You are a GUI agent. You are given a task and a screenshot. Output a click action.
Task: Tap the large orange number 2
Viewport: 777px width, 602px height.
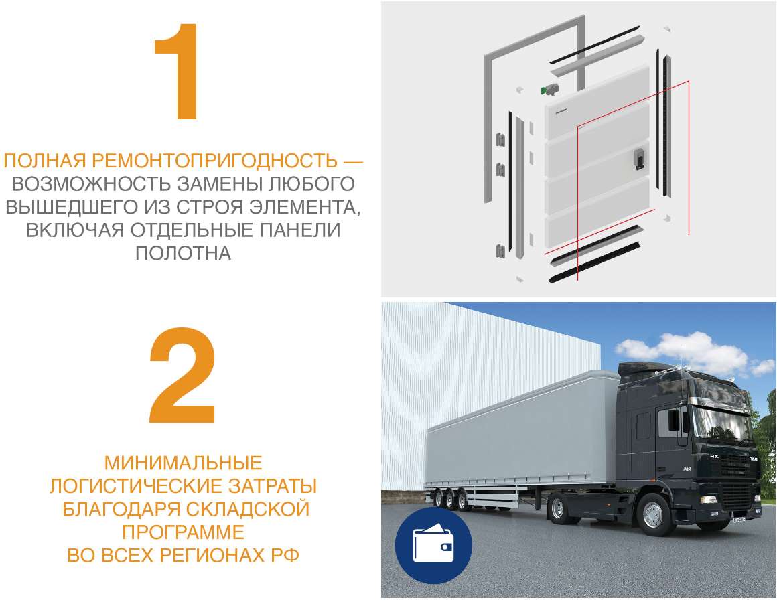coord(182,375)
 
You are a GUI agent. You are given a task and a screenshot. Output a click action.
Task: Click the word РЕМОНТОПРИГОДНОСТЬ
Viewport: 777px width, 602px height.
coord(214,161)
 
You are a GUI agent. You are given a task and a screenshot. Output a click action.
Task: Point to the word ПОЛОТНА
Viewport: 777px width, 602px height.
coord(184,253)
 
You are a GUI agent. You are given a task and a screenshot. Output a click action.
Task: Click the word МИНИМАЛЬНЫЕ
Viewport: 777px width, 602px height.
coord(184,463)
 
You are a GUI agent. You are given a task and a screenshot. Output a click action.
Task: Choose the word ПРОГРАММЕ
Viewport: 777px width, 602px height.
coord(184,532)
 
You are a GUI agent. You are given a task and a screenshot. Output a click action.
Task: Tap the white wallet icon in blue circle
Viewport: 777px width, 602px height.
coord(433,544)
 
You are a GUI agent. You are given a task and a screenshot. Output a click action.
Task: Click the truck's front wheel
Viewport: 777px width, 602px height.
coord(653,516)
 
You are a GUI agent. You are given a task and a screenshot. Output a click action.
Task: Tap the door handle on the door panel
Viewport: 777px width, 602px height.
coord(638,159)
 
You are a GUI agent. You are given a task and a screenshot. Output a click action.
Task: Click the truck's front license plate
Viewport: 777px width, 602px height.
coord(739,519)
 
